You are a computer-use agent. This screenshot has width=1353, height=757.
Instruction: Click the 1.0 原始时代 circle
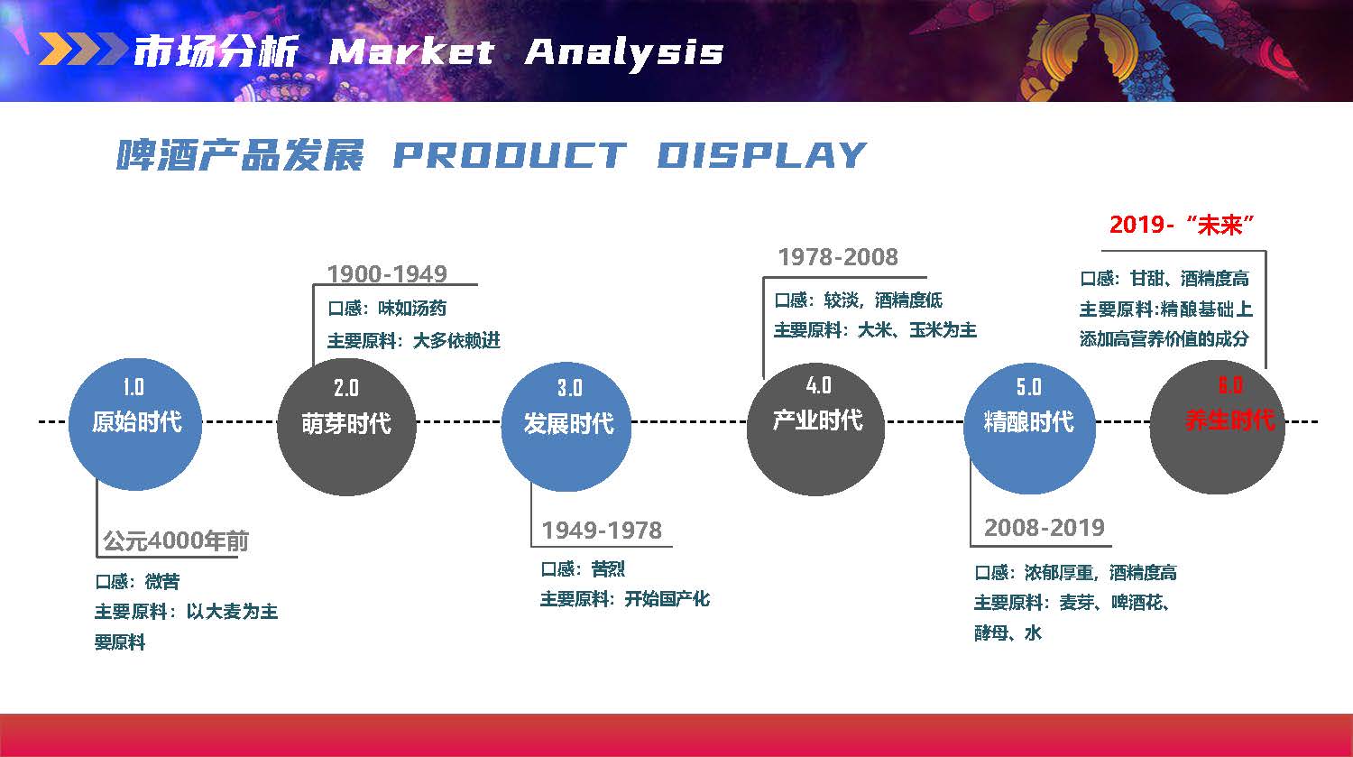tap(135, 424)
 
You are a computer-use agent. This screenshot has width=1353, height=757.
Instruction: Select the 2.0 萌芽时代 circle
tap(346, 427)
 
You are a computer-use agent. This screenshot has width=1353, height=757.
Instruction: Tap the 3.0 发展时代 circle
tap(566, 427)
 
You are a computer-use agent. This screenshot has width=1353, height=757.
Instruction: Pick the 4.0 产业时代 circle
tap(816, 428)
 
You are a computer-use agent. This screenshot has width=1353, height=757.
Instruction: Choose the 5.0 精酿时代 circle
tap(1029, 429)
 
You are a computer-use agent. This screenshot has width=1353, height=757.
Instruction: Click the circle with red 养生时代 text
tap(1218, 427)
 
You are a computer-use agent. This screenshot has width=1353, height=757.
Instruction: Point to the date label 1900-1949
tap(387, 273)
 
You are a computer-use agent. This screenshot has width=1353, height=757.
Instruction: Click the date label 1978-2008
tap(838, 257)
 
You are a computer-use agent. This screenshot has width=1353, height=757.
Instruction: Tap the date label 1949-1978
tap(602, 531)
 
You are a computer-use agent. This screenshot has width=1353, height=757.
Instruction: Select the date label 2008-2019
tap(1045, 528)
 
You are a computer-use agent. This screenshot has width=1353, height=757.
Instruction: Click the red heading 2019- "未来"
tap(1182, 225)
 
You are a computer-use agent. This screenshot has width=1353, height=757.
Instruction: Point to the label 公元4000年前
tap(176, 540)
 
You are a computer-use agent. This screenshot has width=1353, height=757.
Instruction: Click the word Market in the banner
tap(412, 51)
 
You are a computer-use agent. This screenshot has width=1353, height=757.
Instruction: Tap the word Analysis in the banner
tap(624, 54)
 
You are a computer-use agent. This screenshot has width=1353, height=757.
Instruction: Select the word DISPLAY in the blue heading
tap(761, 154)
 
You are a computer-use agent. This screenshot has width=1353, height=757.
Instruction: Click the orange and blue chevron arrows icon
tap(83, 49)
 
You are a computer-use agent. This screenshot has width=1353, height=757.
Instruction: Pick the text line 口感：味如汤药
tap(387, 308)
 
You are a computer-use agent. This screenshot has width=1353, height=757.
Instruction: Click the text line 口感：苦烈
tap(583, 568)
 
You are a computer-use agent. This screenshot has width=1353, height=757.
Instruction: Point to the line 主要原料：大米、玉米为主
tap(875, 330)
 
